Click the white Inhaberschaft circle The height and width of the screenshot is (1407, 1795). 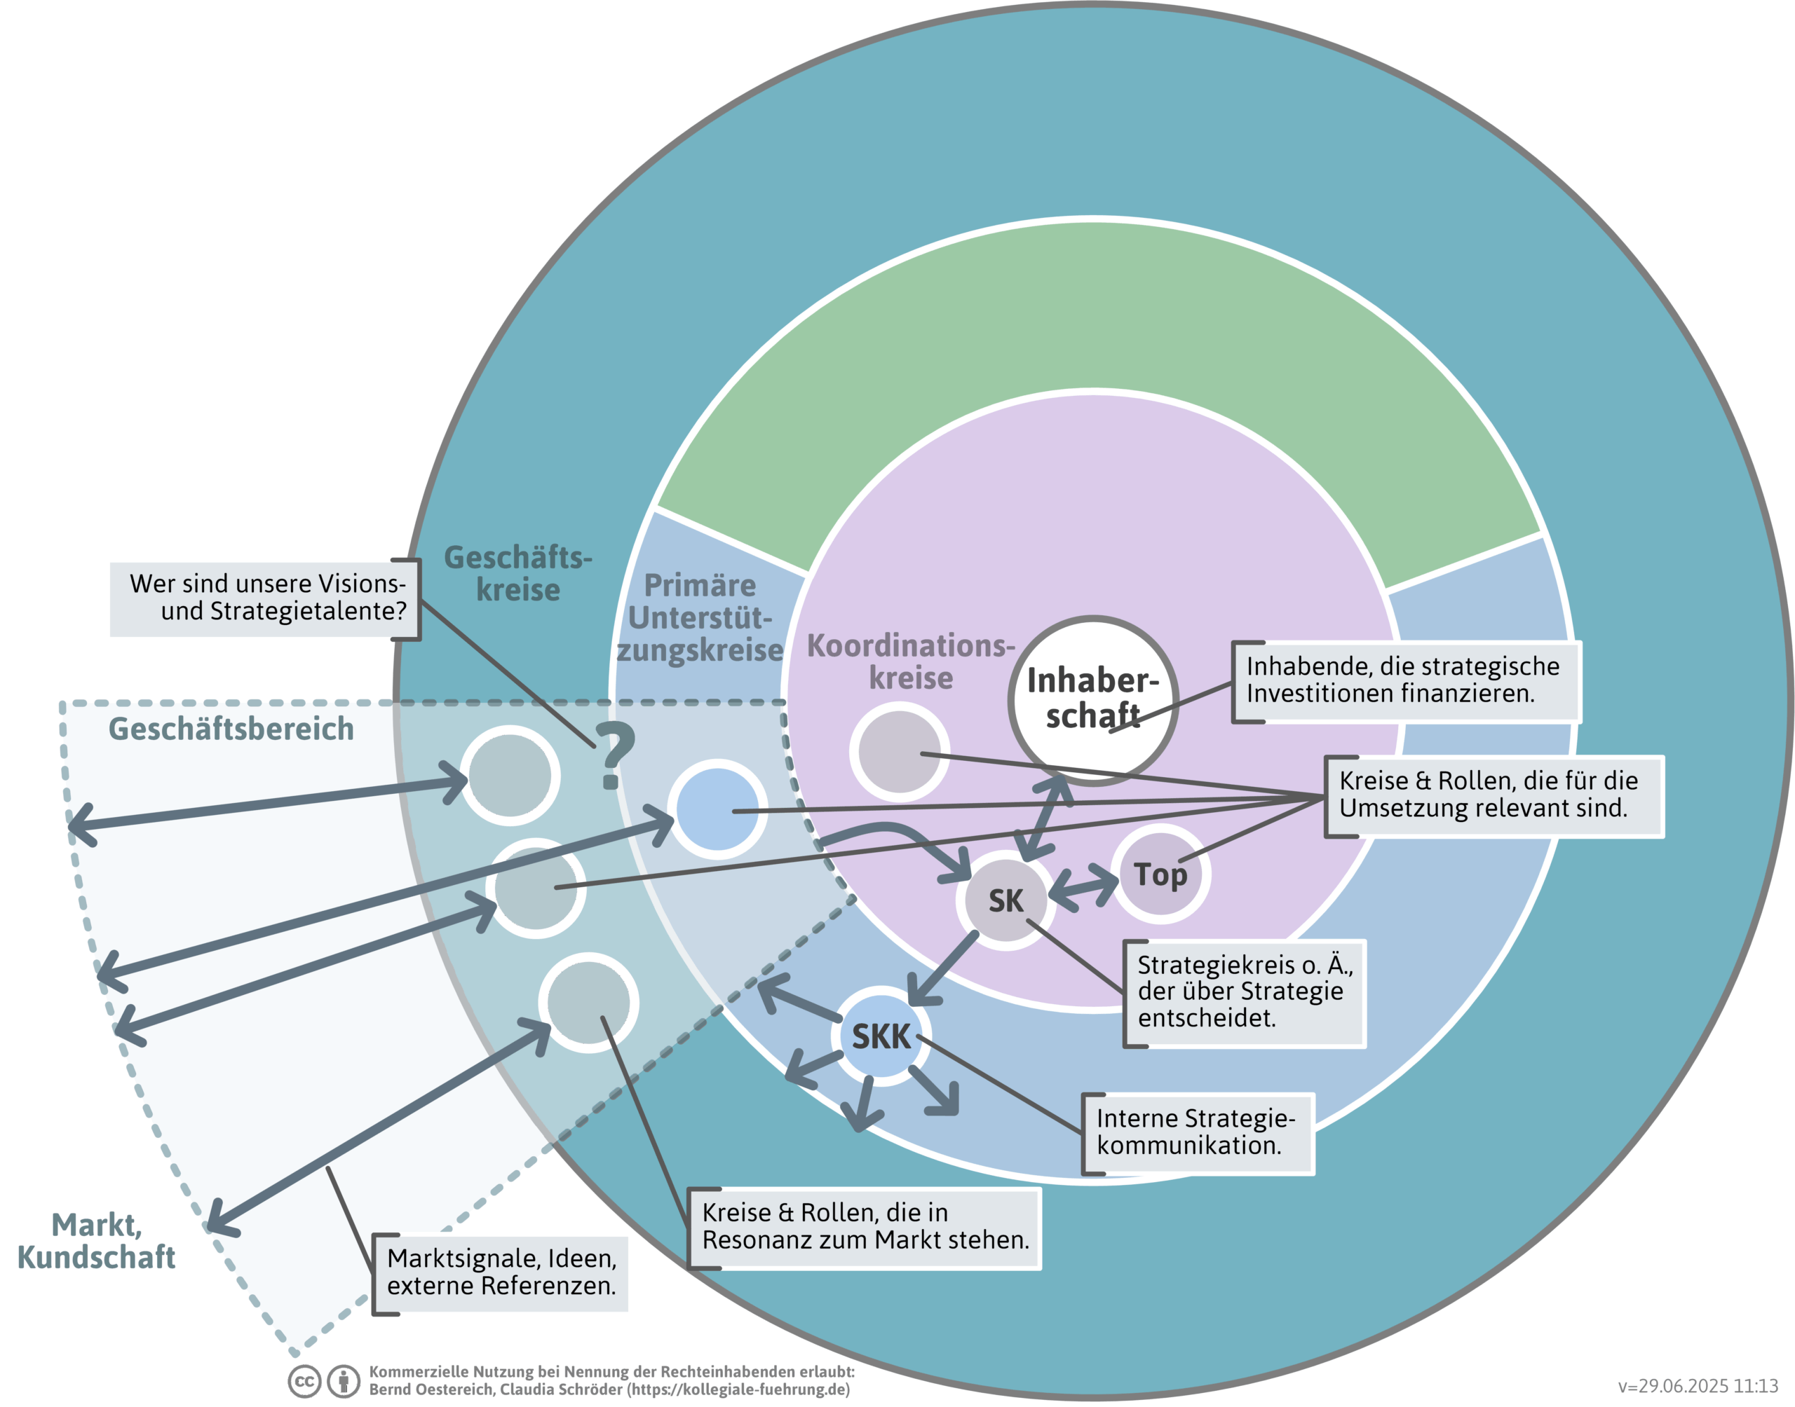coord(1093,700)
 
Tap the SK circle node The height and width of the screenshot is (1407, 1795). coord(1005,900)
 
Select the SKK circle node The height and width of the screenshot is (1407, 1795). coord(881,1036)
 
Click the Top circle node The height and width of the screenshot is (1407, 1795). coord(1160,874)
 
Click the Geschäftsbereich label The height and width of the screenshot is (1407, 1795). coord(231,729)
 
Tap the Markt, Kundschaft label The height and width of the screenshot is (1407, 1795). coord(97,1241)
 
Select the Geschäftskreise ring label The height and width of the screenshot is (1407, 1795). coord(517,573)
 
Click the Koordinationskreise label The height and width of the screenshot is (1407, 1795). coord(910,661)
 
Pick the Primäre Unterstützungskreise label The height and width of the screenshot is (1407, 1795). coord(700,618)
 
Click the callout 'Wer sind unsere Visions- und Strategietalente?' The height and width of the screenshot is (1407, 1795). coord(265,598)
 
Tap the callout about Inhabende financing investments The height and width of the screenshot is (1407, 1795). coord(1404,680)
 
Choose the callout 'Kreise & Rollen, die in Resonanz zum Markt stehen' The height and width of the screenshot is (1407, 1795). coord(865,1227)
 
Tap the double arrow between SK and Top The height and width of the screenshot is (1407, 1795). coord(1083,888)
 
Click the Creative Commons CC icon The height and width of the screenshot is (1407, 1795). coord(304,1382)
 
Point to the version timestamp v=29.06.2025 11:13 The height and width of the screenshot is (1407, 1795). coord(1698,1387)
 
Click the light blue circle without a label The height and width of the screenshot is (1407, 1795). coord(717,809)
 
